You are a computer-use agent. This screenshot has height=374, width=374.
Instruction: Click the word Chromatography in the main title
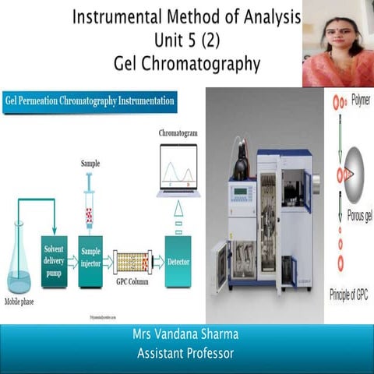click(196, 63)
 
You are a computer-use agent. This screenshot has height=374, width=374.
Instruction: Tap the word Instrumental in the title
click(125, 16)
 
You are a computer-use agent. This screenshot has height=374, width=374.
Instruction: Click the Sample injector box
click(91, 255)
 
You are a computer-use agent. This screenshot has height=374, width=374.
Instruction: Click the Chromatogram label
click(178, 133)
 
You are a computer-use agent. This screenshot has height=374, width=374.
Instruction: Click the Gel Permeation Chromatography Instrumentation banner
click(90, 101)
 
